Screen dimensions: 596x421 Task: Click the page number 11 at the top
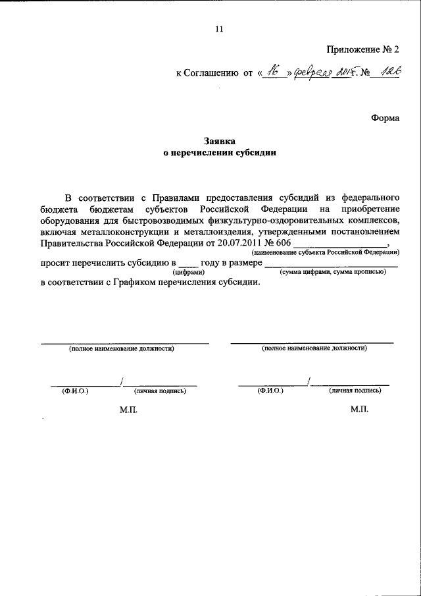point(219,29)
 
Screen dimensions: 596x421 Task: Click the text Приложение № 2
point(362,49)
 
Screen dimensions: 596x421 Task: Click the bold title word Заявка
point(219,140)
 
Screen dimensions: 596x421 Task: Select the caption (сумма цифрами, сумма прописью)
point(332,272)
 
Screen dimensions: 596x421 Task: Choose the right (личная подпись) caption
point(355,391)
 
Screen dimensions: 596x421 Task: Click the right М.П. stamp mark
point(359,409)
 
